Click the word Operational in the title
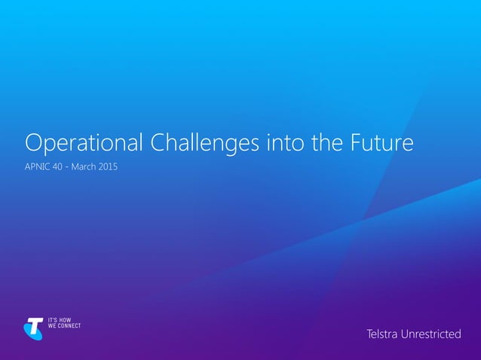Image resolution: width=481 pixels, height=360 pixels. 81,143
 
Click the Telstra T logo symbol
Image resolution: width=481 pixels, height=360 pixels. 32,328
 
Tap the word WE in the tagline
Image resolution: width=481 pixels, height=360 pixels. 52,327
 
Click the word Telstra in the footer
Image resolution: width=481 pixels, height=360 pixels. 383,333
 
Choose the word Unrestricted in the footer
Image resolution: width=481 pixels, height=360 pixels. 432,333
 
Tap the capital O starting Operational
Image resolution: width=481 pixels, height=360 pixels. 33,143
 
